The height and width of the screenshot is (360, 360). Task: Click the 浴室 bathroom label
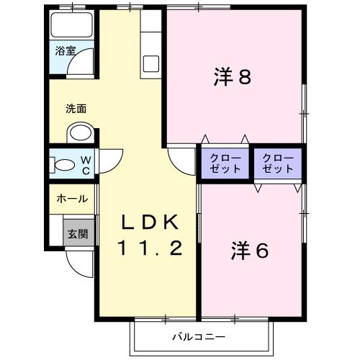66,51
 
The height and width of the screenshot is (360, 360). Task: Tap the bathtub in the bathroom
72,24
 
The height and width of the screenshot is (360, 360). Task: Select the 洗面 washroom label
76,109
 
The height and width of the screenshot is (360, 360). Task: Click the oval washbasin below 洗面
81,132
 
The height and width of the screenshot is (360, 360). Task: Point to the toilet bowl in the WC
65,165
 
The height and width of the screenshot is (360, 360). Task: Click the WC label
86,165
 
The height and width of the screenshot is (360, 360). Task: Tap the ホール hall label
72,199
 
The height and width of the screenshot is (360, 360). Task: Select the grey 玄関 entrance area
78,233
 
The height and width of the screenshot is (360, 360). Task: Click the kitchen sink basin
151,63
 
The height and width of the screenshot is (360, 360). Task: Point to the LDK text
150,222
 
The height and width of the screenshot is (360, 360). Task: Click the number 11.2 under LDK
150,248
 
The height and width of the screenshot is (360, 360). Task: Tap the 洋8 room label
233,77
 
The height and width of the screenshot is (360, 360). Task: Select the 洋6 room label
250,251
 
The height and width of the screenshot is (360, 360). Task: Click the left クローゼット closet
225,163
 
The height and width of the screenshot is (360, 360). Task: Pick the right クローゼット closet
278,163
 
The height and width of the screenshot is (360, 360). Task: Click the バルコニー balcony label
199,337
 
